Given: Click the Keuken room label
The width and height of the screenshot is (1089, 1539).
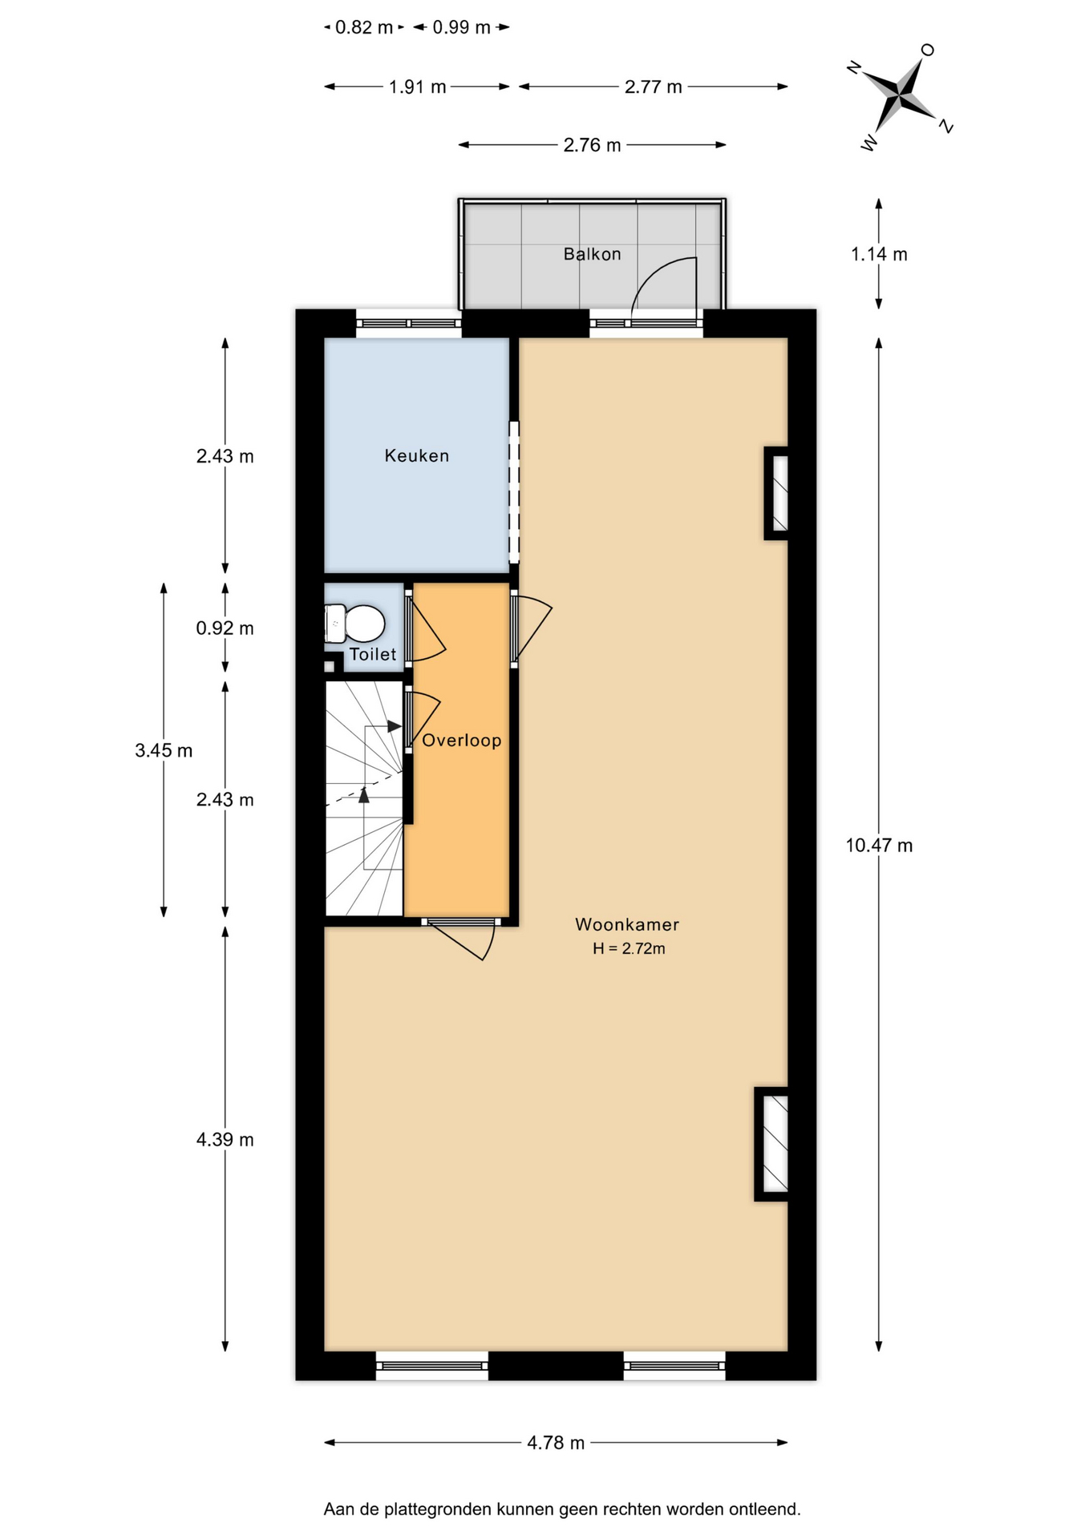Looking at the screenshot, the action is (x=416, y=455).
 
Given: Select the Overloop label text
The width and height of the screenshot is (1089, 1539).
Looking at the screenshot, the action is (x=461, y=740).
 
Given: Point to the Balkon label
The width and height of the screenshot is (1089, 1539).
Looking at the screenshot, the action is (x=592, y=254).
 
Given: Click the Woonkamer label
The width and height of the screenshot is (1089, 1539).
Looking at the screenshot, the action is (x=627, y=924).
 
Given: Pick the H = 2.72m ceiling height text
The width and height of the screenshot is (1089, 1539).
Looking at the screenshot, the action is (x=629, y=948).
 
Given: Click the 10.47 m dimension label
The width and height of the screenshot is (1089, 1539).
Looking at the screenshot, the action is (x=879, y=845).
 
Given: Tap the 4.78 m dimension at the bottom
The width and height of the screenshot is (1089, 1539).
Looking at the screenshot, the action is (x=556, y=1443).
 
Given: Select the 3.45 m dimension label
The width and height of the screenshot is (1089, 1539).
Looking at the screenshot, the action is (x=164, y=750).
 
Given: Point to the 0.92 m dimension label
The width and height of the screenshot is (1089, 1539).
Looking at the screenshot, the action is (x=225, y=628).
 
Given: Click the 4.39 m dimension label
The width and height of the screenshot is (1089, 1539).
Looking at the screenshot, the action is (x=225, y=1139).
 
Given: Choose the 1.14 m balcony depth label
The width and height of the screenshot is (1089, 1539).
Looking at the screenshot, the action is (x=879, y=254).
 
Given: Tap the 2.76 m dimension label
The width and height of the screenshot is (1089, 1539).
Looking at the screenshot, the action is (x=592, y=145).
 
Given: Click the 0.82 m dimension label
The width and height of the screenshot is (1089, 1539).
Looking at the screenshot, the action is (x=364, y=27).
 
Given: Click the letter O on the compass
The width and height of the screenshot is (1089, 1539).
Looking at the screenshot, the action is (x=928, y=50).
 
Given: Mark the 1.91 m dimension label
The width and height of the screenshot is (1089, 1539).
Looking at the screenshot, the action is (x=417, y=87).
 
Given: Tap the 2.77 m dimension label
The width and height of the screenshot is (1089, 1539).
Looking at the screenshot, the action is (x=653, y=87).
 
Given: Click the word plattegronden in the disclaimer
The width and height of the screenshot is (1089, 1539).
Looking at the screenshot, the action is (x=439, y=1509).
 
